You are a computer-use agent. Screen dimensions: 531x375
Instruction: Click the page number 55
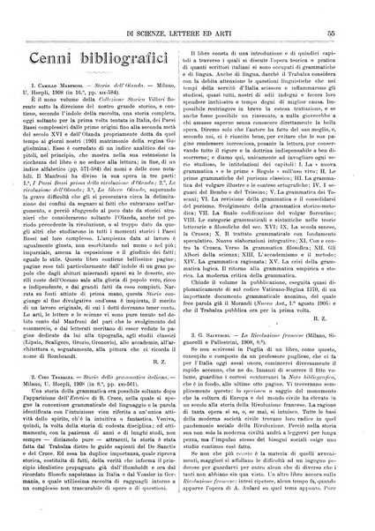(350, 8)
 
